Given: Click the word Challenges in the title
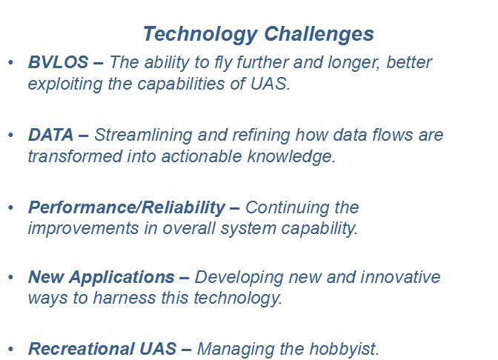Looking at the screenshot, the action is (x=319, y=35).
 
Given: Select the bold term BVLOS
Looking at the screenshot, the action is (x=58, y=62).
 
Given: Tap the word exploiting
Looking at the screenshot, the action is (x=65, y=84).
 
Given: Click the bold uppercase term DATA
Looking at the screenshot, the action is (x=51, y=135).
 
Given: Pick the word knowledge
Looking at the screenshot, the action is (x=291, y=156).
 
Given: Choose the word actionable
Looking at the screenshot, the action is (x=202, y=156).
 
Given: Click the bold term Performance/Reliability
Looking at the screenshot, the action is (x=127, y=207).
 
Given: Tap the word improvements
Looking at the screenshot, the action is (x=83, y=229).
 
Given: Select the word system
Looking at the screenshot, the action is (x=248, y=229).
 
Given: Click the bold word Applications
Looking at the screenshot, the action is (x=122, y=278).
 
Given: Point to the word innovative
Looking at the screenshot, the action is (x=400, y=277).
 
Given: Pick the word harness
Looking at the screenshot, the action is (x=124, y=298).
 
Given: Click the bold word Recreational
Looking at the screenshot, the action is (x=81, y=349).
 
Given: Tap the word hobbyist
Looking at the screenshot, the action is (x=345, y=349).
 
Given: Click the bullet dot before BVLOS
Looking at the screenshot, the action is (x=11, y=62).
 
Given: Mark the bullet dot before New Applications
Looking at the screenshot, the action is (x=11, y=277).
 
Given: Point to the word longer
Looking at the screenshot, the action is (x=353, y=63).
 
